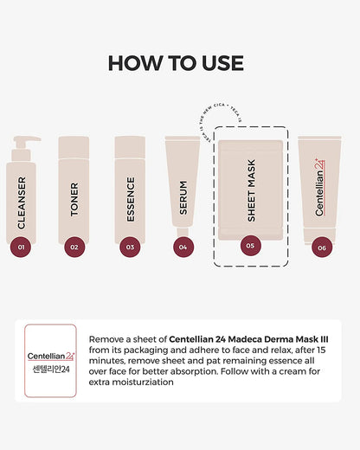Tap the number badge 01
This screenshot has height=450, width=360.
coord(22,247)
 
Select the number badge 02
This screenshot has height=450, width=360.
coord(74,247)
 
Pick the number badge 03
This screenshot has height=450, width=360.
coord(130,247)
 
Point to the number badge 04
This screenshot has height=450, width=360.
coord(182,247)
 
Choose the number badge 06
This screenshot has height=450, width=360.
coord(321,247)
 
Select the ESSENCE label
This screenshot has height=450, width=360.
coord(130,200)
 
